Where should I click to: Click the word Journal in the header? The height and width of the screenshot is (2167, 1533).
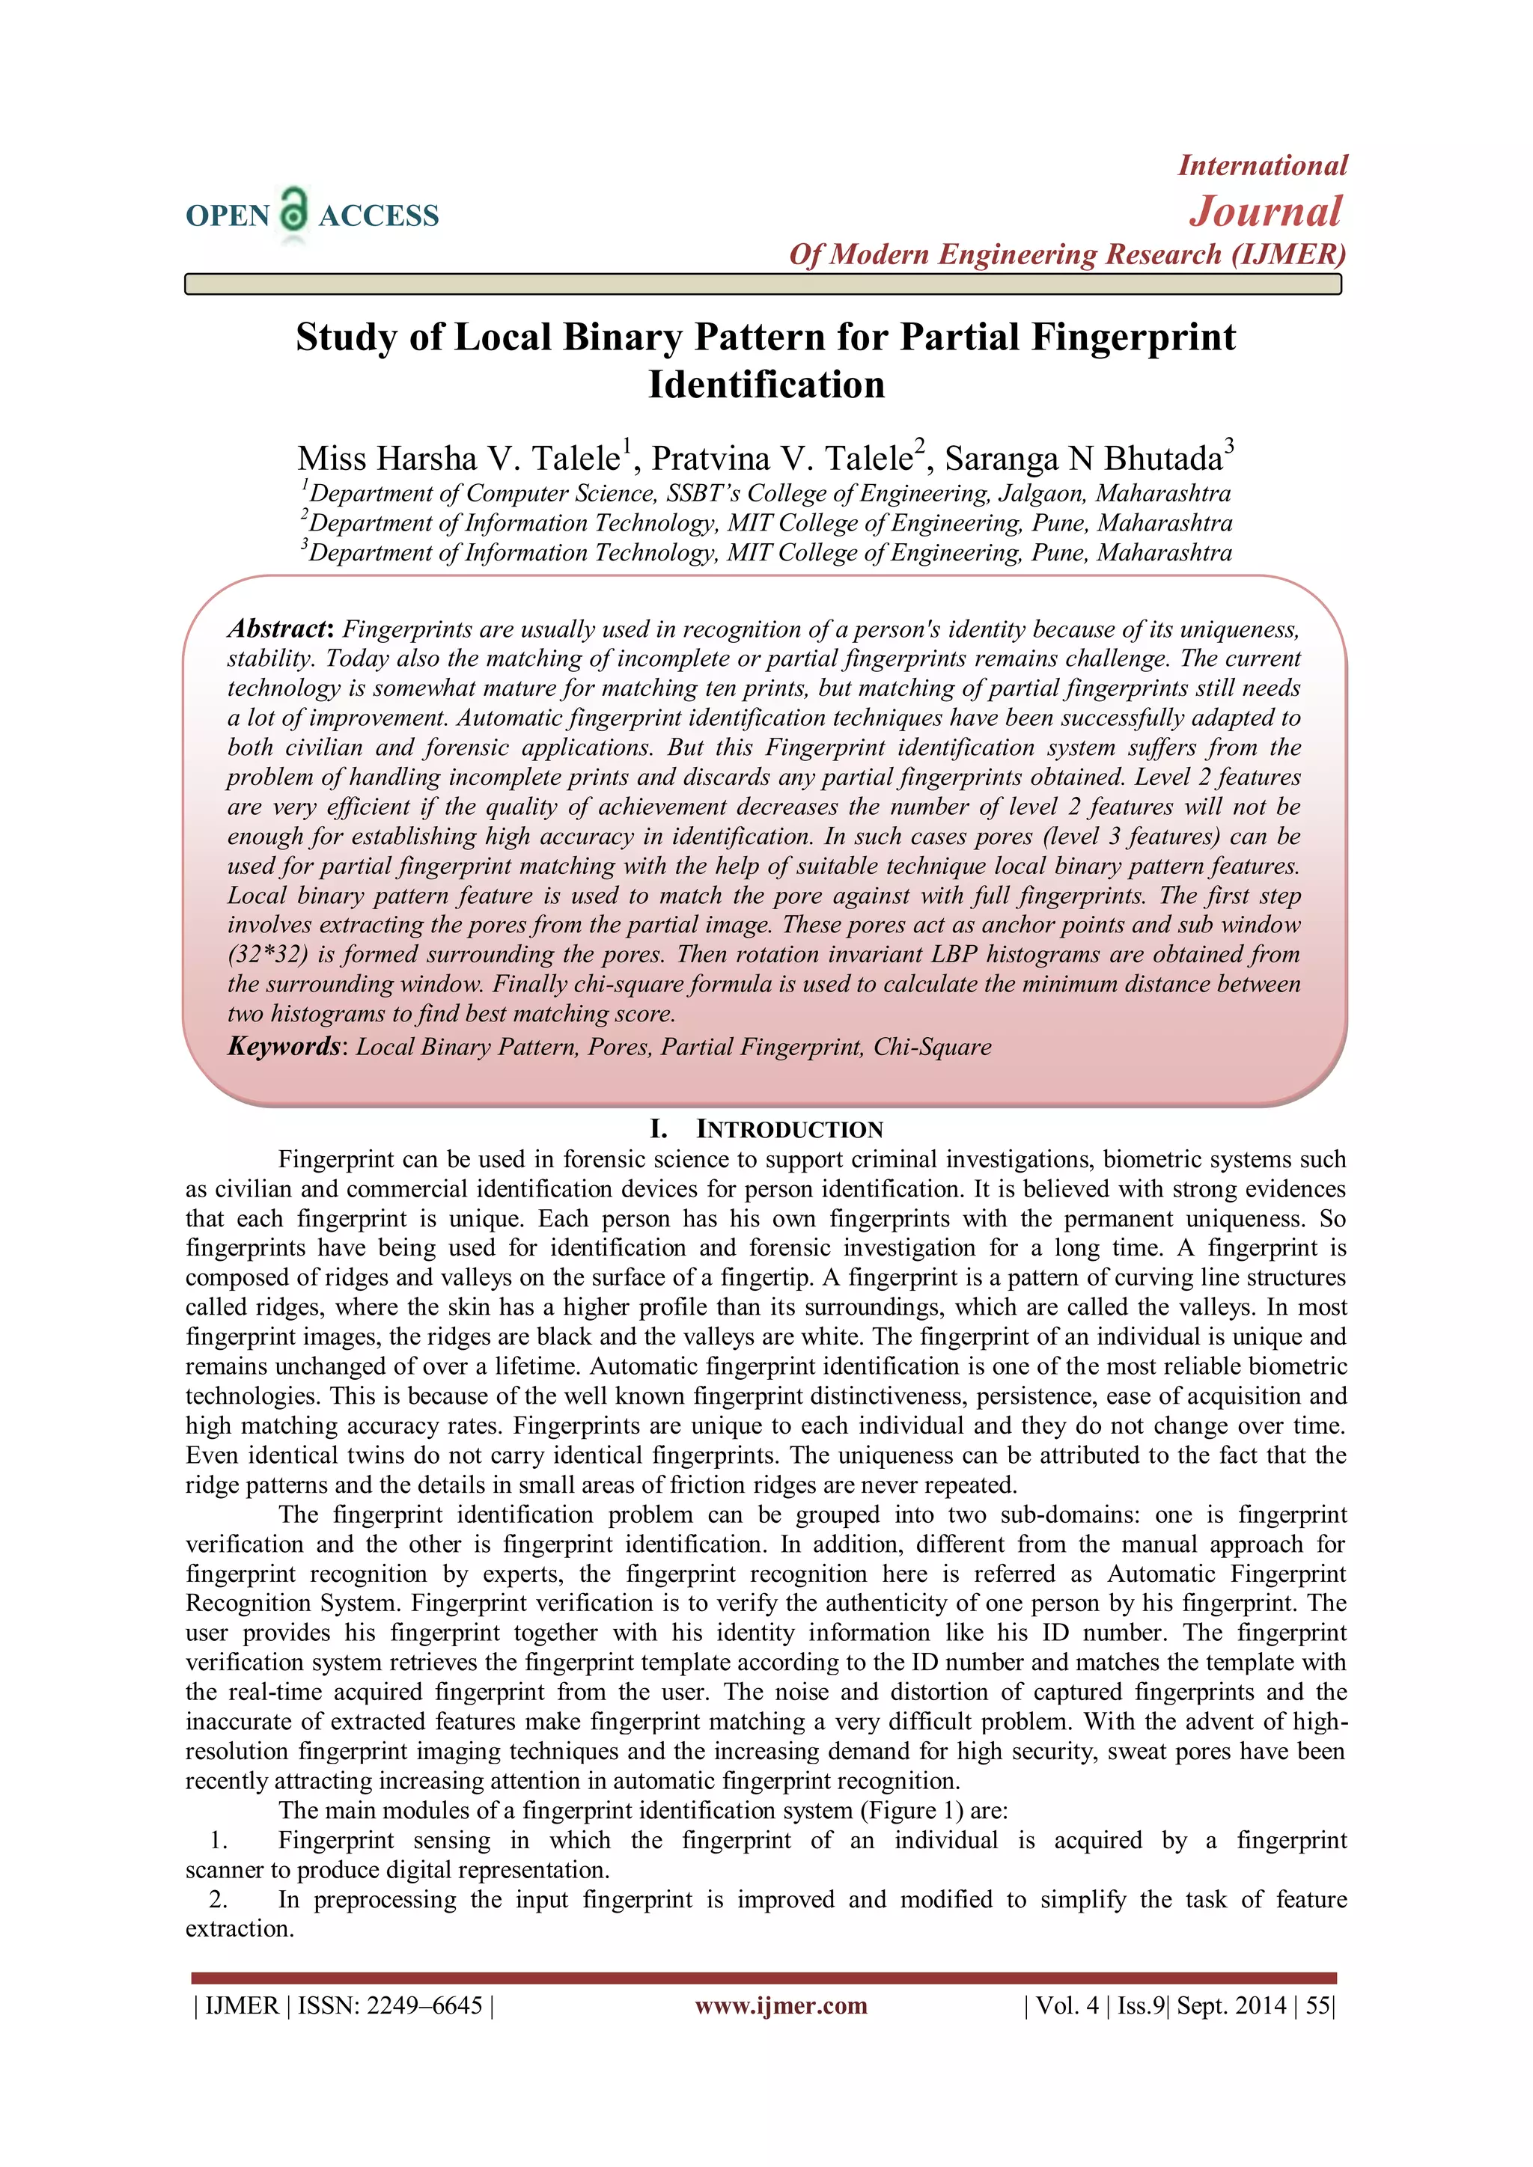coord(1264,212)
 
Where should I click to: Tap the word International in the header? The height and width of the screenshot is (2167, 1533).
coord(1262,166)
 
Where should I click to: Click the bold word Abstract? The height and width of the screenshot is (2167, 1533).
coord(276,629)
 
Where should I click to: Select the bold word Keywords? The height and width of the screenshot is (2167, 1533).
coord(283,1047)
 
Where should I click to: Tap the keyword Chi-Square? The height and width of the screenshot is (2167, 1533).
coord(932,1048)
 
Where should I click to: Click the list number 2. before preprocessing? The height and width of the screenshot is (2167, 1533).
coord(218,1900)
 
